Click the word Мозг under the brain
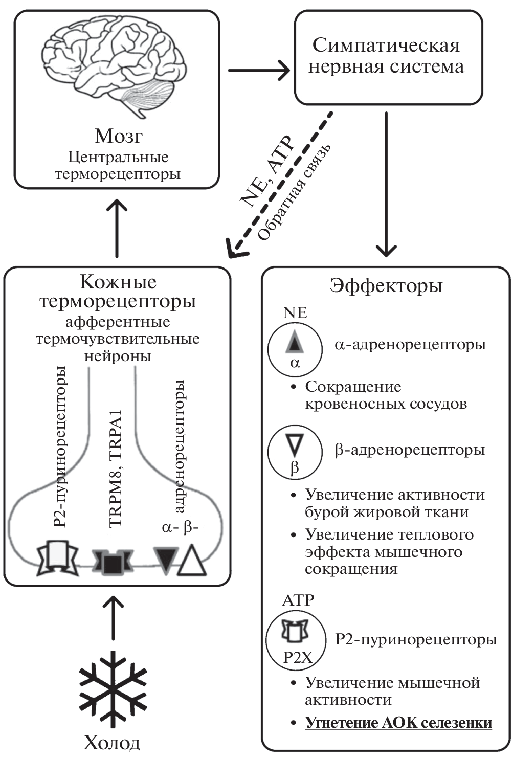point(118,136)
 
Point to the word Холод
point(112,742)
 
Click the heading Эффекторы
point(386,285)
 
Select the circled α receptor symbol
point(295,348)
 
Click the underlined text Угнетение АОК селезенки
point(398,723)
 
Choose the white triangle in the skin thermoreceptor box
point(192,562)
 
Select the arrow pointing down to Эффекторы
point(386,184)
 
